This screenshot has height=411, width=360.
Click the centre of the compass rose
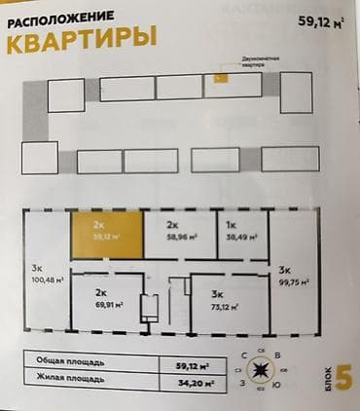[261, 371]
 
